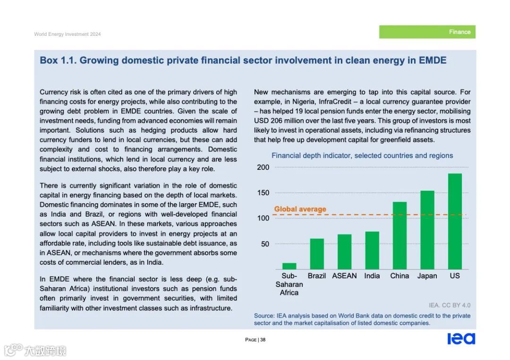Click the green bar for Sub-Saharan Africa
[x=289, y=266]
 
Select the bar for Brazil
[x=317, y=254]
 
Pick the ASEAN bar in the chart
[x=344, y=251]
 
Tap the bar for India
[x=372, y=250]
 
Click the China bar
[x=399, y=235]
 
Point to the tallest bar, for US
[x=455, y=221]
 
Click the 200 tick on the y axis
[x=263, y=167]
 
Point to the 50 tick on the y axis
[x=265, y=244]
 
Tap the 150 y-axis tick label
[x=263, y=193]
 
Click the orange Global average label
[x=300, y=209]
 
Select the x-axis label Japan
[x=427, y=276]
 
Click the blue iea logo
[x=461, y=339]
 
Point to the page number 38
[x=263, y=340]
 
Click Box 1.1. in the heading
[x=55, y=60]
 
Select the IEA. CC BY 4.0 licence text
[x=449, y=305]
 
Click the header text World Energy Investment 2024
[x=67, y=34]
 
